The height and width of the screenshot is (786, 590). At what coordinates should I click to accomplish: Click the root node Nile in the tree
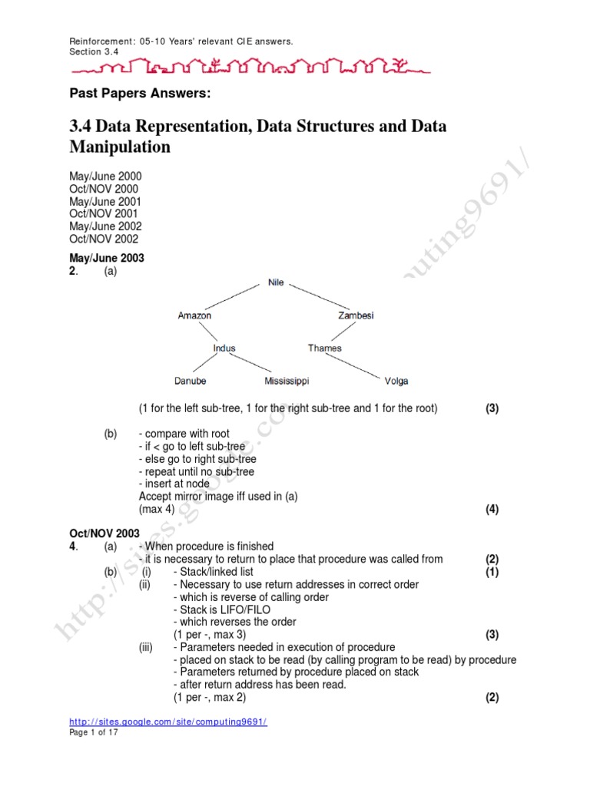pos(276,282)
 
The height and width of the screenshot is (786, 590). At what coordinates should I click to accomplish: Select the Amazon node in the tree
pos(194,315)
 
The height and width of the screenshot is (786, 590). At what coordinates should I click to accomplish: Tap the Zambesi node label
pos(356,315)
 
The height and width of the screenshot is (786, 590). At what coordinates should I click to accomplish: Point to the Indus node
pos(224,348)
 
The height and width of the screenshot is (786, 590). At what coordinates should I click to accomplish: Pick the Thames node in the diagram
pos(325,348)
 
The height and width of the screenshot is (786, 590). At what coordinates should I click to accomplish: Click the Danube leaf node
pos(190,381)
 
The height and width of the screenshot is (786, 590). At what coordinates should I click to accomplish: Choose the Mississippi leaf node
pos(287,381)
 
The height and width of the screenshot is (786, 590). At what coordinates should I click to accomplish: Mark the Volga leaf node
pos(396,381)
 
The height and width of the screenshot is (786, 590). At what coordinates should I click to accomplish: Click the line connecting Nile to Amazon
pos(234,298)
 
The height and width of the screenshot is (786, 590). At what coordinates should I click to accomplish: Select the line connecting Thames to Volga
pos(361,365)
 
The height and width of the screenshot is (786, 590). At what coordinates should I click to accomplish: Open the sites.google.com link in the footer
pos(168,722)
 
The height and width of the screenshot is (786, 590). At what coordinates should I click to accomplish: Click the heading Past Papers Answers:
pos(140,94)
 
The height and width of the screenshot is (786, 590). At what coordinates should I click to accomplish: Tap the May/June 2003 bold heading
pos(107,258)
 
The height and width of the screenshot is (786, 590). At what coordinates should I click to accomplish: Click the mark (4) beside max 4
pos(492,509)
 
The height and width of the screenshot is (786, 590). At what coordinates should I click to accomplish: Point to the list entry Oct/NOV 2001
pos(104,213)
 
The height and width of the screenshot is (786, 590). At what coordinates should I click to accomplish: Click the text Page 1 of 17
pos(94,732)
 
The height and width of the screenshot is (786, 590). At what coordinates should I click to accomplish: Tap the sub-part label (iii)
pos(147,647)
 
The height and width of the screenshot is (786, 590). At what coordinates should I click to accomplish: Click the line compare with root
pos(184,434)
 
